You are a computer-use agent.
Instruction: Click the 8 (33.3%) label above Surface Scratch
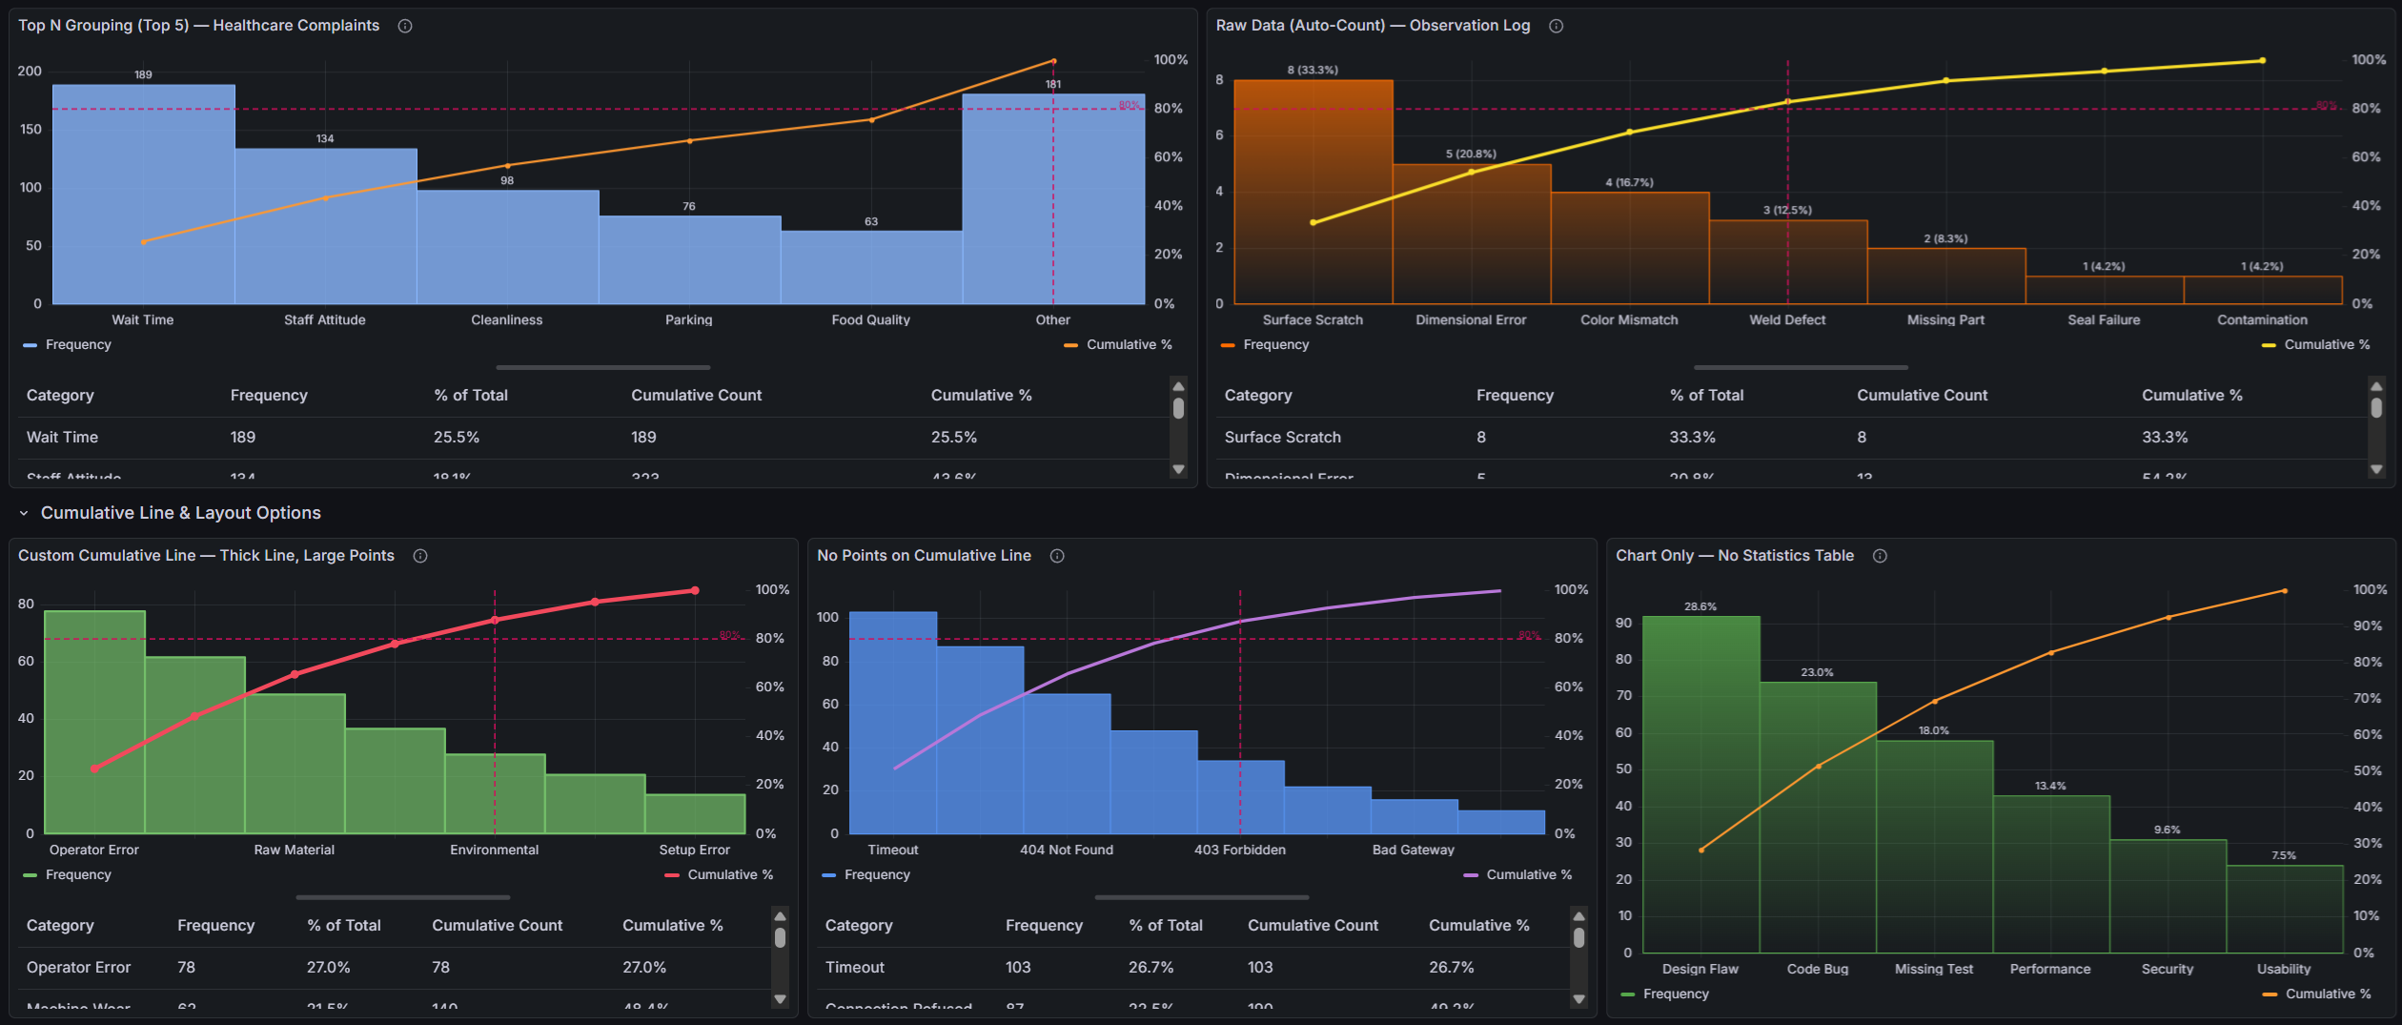[1313, 70]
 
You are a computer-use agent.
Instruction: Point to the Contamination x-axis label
[2261, 319]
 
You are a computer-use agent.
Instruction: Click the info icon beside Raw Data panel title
[1556, 26]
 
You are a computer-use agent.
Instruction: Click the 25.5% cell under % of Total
[456, 437]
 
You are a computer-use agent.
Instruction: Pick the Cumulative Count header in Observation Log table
[1921, 395]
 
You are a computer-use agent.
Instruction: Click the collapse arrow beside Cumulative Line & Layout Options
[24, 513]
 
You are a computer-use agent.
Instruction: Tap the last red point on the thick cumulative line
[695, 590]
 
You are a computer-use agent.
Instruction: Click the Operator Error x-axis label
[93, 850]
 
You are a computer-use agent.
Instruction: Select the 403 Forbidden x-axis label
[1239, 850]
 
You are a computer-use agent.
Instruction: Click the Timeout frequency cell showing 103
[1017, 967]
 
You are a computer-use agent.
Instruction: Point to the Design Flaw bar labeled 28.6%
[1700, 782]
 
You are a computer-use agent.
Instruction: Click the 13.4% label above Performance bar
[2049, 786]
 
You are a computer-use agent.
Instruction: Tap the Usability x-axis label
[2283, 969]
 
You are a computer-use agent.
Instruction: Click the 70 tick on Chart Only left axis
[1622, 695]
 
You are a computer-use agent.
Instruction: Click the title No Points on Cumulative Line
[923, 555]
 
